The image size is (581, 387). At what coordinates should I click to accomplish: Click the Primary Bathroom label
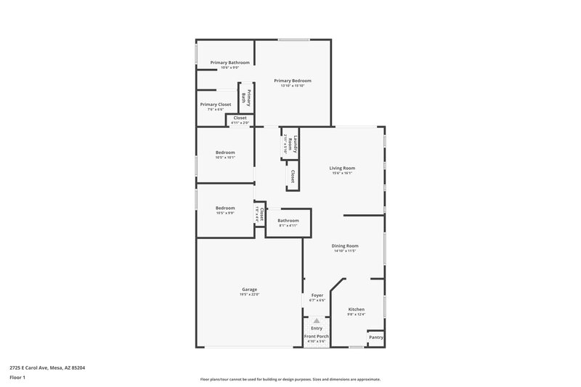click(230, 62)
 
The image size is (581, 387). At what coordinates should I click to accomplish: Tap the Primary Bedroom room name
click(293, 80)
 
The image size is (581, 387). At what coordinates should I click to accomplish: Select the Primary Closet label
click(216, 104)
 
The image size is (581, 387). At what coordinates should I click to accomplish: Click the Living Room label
click(342, 168)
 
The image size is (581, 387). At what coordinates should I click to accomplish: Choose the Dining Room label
click(346, 245)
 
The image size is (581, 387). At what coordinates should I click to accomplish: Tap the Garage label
click(249, 289)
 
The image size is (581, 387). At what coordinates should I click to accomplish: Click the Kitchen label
click(356, 309)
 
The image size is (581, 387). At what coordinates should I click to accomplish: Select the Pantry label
click(376, 337)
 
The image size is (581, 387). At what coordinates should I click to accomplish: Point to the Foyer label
click(317, 296)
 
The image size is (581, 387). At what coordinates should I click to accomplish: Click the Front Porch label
click(316, 337)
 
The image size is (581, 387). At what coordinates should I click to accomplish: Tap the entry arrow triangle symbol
click(316, 319)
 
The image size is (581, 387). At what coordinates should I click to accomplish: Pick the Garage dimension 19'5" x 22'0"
click(249, 295)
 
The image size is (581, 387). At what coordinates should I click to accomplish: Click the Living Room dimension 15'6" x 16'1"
click(342, 174)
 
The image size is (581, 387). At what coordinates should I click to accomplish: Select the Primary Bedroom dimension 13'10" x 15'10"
click(293, 86)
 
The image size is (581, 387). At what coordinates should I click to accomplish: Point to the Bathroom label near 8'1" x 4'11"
click(288, 220)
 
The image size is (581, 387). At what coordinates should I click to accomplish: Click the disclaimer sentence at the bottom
click(290, 379)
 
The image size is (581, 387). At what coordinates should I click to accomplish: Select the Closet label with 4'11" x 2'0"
click(240, 118)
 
